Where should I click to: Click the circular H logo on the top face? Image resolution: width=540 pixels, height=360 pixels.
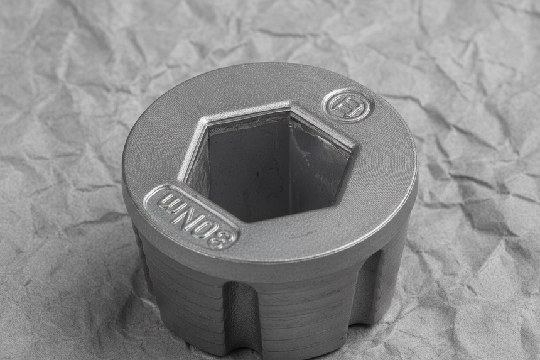pos(347,105)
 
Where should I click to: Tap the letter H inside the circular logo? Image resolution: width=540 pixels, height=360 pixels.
pos(347,106)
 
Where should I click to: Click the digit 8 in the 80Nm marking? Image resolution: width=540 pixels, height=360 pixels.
pos(221,238)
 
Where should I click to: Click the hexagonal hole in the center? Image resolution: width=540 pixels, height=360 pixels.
pos(268,162)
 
